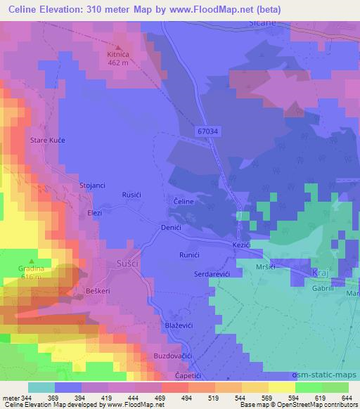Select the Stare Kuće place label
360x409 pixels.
pos(47,141)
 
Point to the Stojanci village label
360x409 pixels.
pos(92,185)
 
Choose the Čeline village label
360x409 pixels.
pos(178,201)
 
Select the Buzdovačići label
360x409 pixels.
pos(172,357)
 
